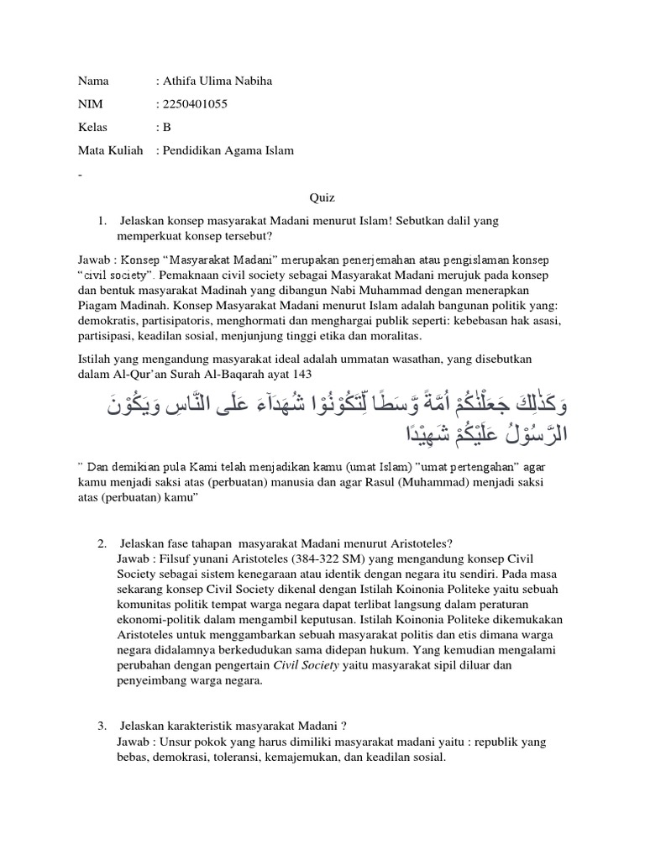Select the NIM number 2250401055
(196, 104)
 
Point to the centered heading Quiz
(322, 197)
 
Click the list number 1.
(102, 220)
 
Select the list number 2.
(102, 539)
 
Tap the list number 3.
(102, 726)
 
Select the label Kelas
(92, 128)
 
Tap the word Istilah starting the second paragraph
(94, 358)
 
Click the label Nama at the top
(93, 81)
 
